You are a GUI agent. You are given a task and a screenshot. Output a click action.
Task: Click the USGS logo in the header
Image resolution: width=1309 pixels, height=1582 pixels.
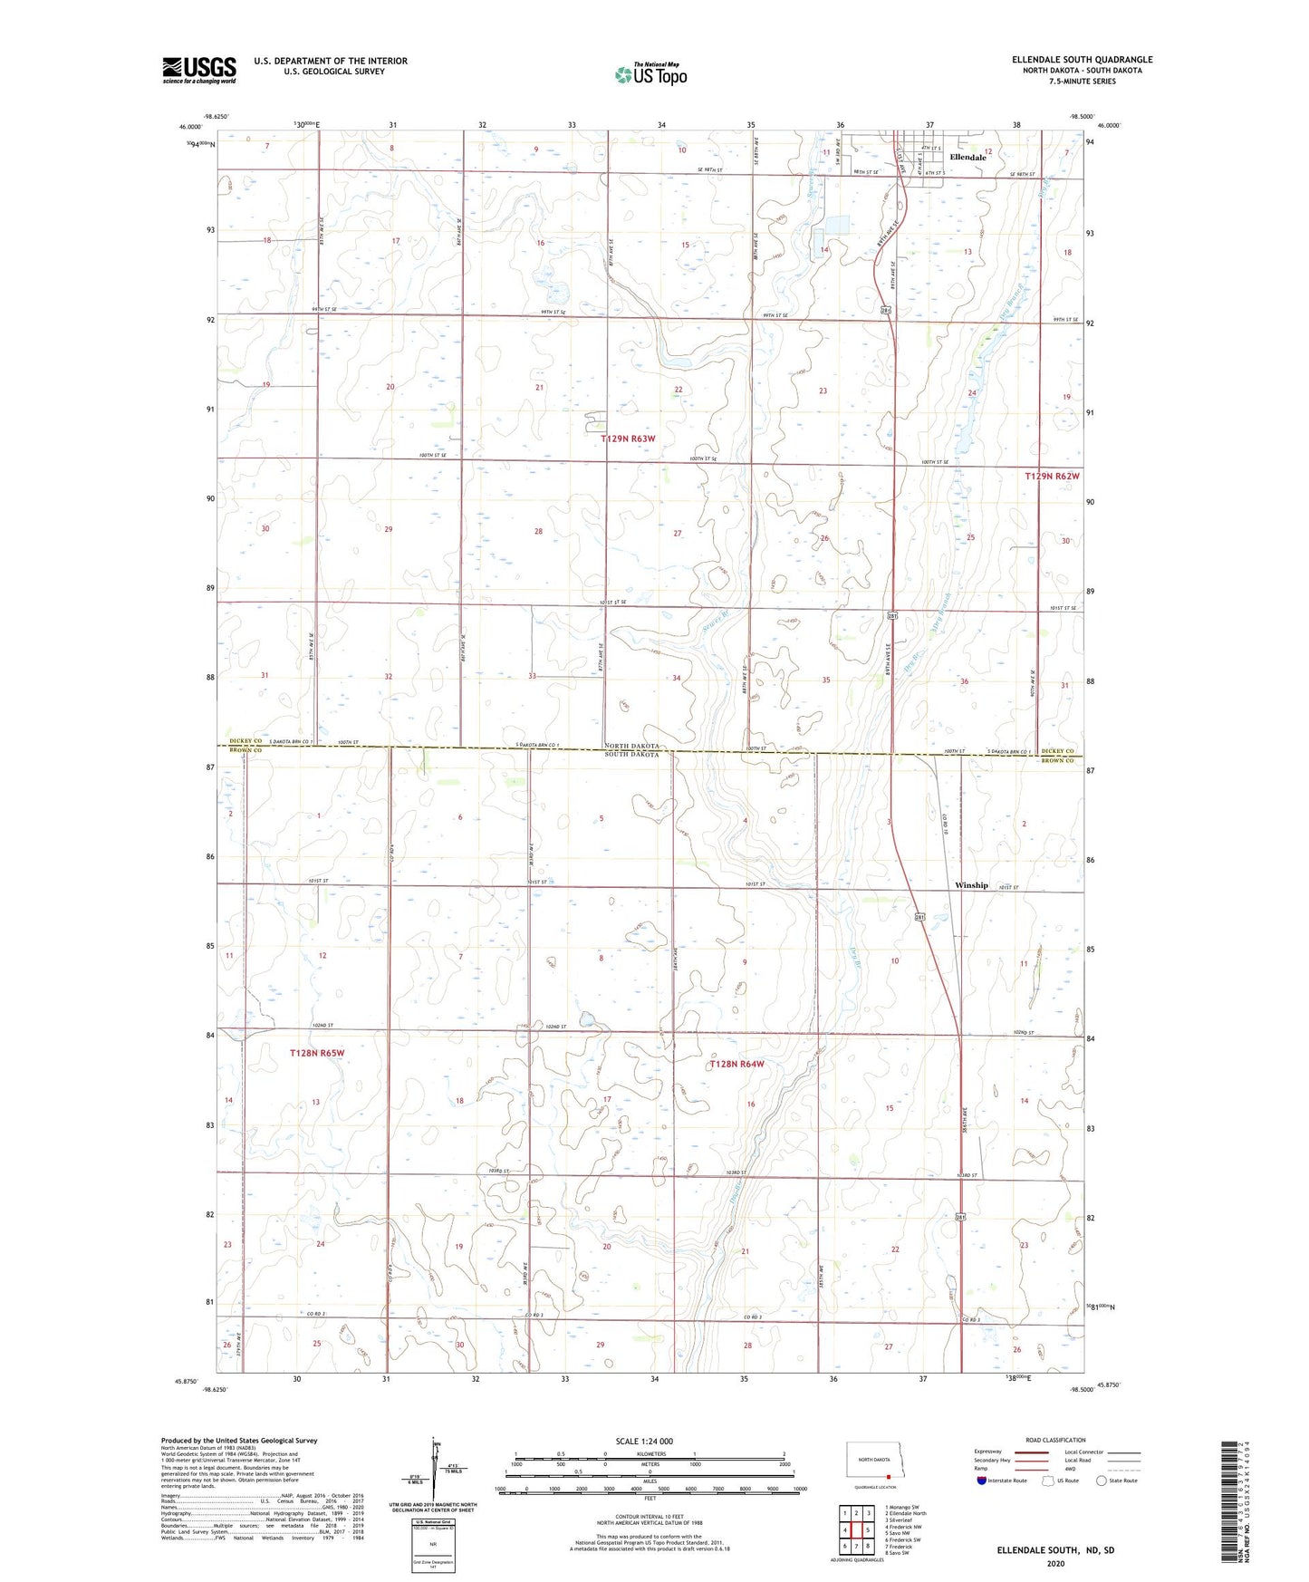(198, 70)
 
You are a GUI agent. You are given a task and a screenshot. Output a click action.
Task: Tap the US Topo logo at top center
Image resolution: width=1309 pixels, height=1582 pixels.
(650, 74)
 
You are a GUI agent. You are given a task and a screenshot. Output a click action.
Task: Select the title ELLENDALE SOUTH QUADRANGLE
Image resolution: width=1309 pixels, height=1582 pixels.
(1082, 60)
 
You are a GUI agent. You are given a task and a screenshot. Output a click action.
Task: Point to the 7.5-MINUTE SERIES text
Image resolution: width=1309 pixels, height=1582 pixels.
(1082, 82)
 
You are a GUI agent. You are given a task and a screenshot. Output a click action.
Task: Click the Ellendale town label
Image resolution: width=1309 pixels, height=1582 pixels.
(967, 158)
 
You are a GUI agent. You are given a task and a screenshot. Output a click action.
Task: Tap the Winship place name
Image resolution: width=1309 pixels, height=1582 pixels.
(971, 885)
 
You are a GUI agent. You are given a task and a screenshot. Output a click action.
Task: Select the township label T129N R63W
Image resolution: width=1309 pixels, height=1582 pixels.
(628, 439)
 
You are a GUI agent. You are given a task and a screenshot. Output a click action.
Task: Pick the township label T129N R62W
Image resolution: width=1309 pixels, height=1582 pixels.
(1052, 477)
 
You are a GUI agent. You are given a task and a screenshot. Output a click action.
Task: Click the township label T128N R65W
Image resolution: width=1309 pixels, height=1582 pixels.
(317, 1053)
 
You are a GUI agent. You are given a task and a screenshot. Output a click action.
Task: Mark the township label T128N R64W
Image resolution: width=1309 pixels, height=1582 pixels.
(736, 1065)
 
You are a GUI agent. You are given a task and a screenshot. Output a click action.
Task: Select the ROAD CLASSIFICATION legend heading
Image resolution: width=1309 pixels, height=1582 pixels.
(1054, 1440)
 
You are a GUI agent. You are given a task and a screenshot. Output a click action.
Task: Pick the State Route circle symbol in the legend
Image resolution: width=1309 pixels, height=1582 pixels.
(1102, 1481)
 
